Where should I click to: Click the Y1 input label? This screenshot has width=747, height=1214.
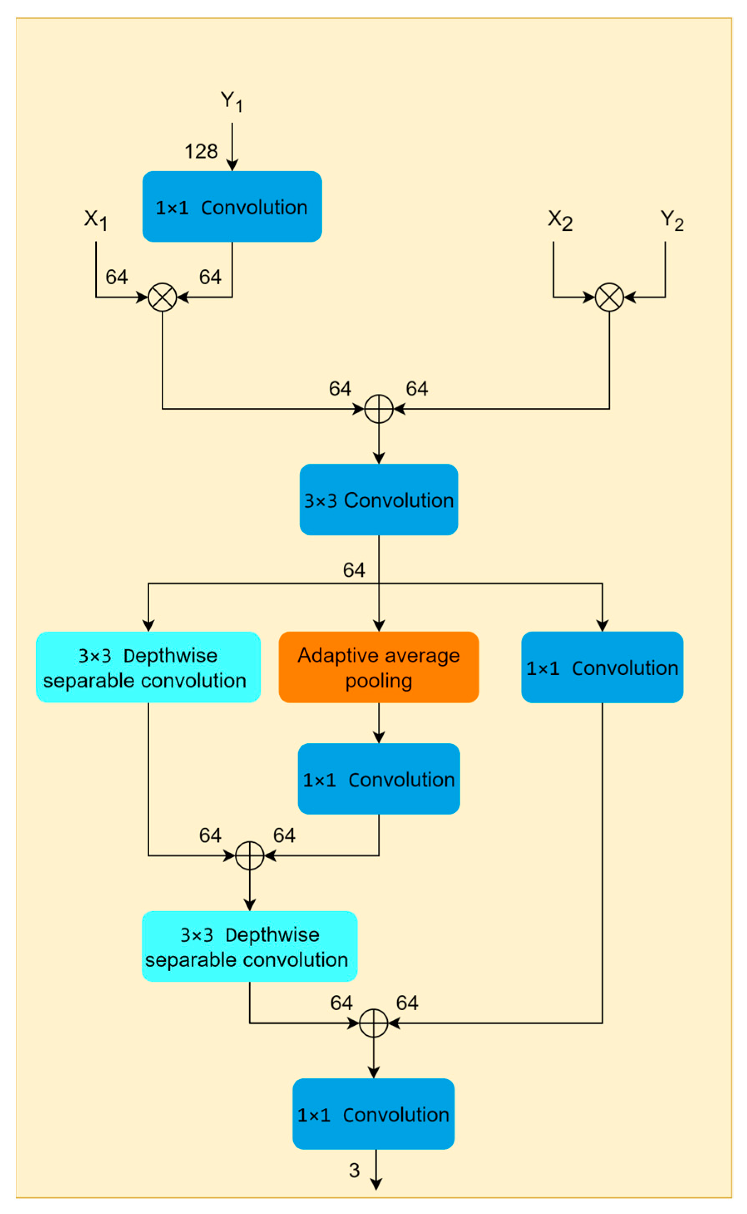[231, 101]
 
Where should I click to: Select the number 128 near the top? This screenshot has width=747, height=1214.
[201, 152]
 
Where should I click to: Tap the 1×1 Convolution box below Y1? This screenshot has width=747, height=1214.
[232, 207]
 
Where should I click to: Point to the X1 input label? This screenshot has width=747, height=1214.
[95, 220]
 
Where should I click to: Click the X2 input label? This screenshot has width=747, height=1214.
[560, 220]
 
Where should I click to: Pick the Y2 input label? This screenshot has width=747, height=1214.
[671, 220]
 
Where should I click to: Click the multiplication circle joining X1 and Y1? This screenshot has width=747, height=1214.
[163, 297]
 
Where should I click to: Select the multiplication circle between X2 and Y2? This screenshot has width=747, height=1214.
[609, 297]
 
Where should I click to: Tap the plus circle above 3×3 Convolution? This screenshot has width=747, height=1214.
[378, 409]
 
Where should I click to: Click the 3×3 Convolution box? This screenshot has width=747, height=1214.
[378, 500]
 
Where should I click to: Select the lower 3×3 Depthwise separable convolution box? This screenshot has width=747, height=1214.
[249, 946]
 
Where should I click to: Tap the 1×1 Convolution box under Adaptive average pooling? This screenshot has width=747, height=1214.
[378, 779]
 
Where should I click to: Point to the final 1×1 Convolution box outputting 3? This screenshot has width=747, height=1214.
[373, 1114]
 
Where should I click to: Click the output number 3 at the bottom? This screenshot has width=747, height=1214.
[354, 1170]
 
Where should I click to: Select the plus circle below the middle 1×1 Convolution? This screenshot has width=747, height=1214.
[249, 856]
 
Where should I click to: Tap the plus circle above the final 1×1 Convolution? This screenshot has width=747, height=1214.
[373, 1023]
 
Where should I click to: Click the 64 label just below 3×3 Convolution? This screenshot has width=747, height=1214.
[354, 570]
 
